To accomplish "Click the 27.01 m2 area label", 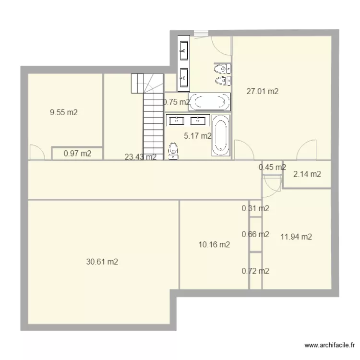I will [262, 91].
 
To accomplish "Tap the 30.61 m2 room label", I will [102, 262].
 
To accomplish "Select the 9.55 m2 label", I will [64, 113].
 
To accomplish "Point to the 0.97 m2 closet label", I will [77, 154].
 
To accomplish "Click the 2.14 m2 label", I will [308, 174].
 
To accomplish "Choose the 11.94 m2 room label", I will [296, 236].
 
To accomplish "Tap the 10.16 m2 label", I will [214, 244].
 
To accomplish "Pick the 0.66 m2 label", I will [255, 234].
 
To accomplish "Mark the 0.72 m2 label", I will [255, 271].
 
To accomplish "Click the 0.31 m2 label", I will [255, 208].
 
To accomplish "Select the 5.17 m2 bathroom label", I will [197, 136].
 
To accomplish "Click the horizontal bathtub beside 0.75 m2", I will [209, 101].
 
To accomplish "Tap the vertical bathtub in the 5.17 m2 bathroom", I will [221, 135].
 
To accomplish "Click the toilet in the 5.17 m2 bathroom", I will [173, 150].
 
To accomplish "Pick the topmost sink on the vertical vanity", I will [184, 48].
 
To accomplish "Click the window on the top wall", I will [201, 33].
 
